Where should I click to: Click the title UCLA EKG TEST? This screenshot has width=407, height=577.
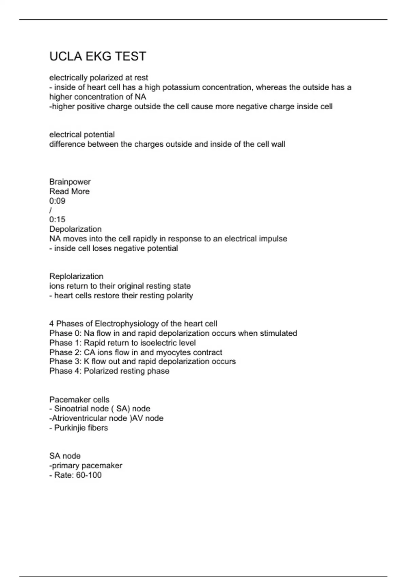[x=98, y=56]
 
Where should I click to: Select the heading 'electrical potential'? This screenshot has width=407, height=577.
[x=82, y=135]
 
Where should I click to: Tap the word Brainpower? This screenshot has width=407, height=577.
[x=70, y=182]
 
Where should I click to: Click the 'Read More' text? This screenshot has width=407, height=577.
[x=69, y=191]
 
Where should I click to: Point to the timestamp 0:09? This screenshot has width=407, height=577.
[x=57, y=201]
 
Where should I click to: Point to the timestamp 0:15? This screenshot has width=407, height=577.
[x=57, y=220]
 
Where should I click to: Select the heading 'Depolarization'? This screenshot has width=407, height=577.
[x=75, y=229]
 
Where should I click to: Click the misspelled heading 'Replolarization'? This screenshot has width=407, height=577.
[x=76, y=276]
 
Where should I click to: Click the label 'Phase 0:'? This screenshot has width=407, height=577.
[x=65, y=333]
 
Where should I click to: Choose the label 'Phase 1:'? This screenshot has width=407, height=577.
[x=65, y=343]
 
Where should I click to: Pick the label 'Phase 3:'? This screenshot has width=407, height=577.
[x=65, y=361]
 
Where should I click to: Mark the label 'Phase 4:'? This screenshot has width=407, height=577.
[x=65, y=371]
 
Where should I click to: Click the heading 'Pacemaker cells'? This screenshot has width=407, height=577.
[x=79, y=399]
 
